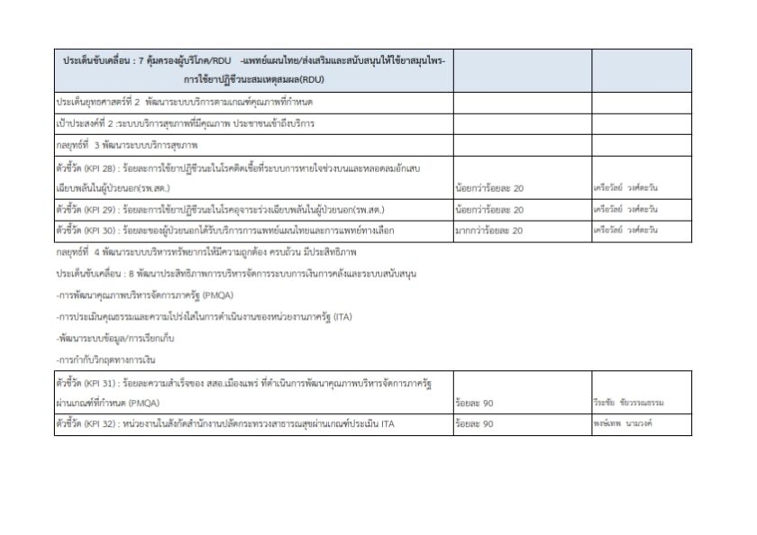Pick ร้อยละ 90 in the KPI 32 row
(475, 423)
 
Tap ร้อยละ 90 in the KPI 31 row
(475, 403)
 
